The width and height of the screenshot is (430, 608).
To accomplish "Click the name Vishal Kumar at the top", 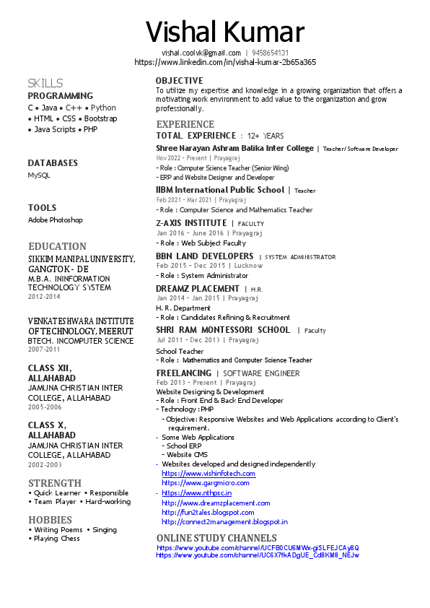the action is pyautogui.click(x=224, y=32).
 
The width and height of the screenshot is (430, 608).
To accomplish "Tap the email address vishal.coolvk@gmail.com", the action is pyautogui.click(x=201, y=53).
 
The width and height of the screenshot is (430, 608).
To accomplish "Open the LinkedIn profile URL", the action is pyautogui.click(x=225, y=62).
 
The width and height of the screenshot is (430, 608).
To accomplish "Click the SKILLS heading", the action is pyautogui.click(x=45, y=83).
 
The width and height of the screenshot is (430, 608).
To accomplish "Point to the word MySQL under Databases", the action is pyautogui.click(x=39, y=175).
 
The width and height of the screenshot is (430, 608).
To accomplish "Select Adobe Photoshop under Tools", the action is pyautogui.click(x=56, y=220).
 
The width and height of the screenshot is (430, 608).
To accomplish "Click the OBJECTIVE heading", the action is pyautogui.click(x=180, y=80).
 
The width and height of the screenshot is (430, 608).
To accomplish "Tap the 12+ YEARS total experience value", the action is pyautogui.click(x=266, y=136).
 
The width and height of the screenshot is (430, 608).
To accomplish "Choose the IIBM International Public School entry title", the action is pyautogui.click(x=220, y=190).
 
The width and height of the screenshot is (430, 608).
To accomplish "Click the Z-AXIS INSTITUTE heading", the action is pyautogui.click(x=191, y=223).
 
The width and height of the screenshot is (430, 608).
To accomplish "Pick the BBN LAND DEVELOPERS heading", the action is pyautogui.click(x=204, y=256).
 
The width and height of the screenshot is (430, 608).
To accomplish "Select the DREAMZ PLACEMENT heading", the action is pyautogui.click(x=197, y=289).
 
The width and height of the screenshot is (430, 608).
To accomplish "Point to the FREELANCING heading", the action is pyautogui.click(x=184, y=373).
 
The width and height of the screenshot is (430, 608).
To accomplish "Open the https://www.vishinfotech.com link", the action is pyautogui.click(x=208, y=474).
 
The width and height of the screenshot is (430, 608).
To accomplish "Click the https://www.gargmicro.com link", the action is pyautogui.click(x=205, y=483).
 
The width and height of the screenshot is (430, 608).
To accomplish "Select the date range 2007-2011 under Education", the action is pyautogui.click(x=45, y=349).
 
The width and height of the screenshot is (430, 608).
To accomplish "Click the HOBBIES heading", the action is pyautogui.click(x=51, y=520).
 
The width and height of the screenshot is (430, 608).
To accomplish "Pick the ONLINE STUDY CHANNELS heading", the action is pyautogui.click(x=216, y=538).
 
